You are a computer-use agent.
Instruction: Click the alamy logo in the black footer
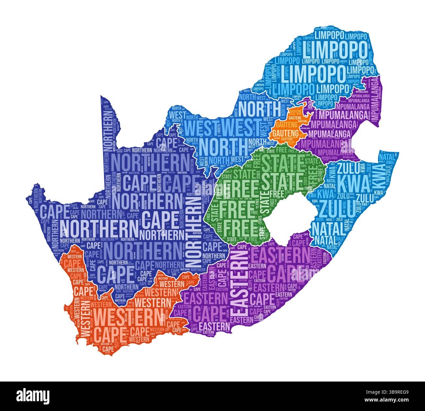(x=33, y=396)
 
